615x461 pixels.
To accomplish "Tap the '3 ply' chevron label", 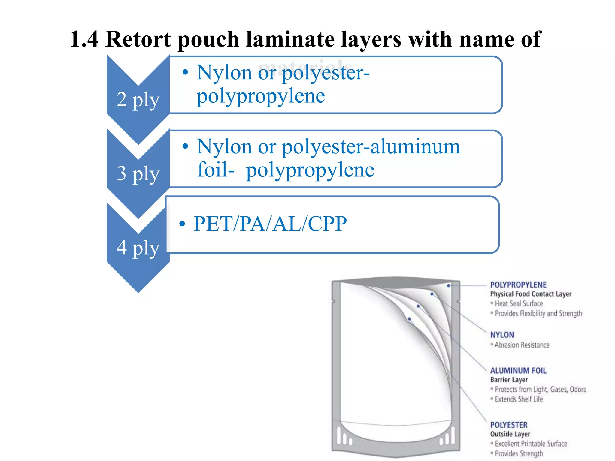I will [x=138, y=173].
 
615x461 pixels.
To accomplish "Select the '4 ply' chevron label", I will [x=138, y=248].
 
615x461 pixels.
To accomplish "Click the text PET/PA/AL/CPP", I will [x=270, y=224].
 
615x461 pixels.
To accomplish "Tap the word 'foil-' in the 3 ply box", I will [x=216, y=170].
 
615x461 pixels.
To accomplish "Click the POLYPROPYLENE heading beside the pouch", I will [x=518, y=285].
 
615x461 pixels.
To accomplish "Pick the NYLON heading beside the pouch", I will [x=502, y=335].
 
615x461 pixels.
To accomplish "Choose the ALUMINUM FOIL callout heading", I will [x=518, y=371].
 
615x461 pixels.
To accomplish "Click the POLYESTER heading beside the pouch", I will [x=509, y=425].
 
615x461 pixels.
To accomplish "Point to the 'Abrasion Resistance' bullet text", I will [x=522, y=345].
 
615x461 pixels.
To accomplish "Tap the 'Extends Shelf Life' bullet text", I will [x=519, y=399].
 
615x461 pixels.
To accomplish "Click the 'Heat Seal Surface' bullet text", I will [x=519, y=304].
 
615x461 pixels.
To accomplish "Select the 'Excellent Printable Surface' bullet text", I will [x=531, y=444].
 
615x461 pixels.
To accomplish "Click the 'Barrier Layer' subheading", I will [x=509, y=380].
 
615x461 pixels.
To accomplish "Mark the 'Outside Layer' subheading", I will [x=510, y=434].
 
